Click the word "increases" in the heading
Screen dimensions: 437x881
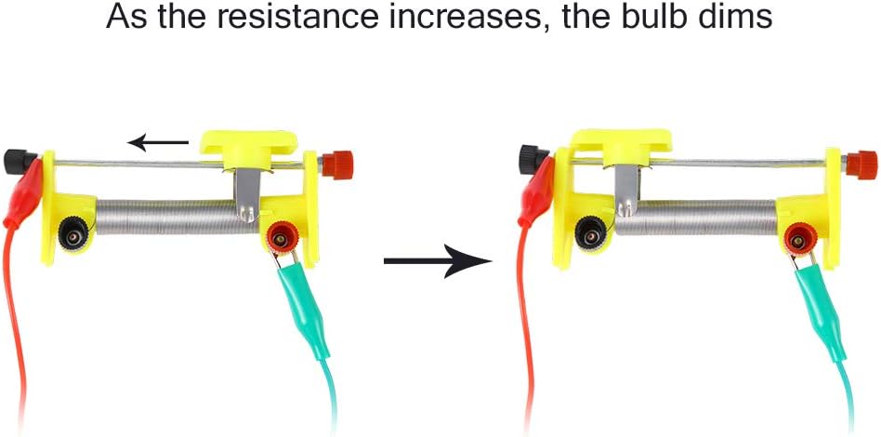pyautogui.click(x=466, y=18)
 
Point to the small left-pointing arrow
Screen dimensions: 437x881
pyautogui.click(x=158, y=142)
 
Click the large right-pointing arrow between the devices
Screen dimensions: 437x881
pyautogui.click(x=437, y=261)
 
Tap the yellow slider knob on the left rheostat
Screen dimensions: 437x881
pyautogui.click(x=250, y=144)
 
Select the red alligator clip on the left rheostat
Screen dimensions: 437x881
pyautogui.click(x=24, y=194)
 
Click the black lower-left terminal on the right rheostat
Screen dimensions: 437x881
pyautogui.click(x=586, y=236)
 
